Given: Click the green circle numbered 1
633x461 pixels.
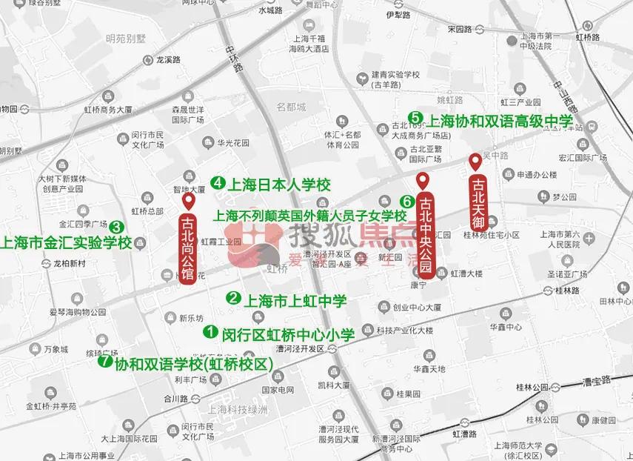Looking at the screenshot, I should pyautogui.click(x=210, y=333).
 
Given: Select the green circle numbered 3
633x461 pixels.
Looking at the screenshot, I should pyautogui.click(x=116, y=228).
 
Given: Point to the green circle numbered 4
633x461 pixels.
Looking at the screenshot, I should pyautogui.click(x=218, y=182).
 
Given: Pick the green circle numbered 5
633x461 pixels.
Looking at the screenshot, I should pyautogui.click(x=415, y=117).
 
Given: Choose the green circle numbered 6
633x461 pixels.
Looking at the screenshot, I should pyautogui.click(x=406, y=201).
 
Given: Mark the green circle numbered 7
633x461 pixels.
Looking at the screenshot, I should pyautogui.click(x=105, y=362).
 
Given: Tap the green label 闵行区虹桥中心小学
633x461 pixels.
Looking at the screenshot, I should pyautogui.click(x=289, y=334).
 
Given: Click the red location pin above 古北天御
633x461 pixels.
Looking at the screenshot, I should pyautogui.click(x=475, y=160).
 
